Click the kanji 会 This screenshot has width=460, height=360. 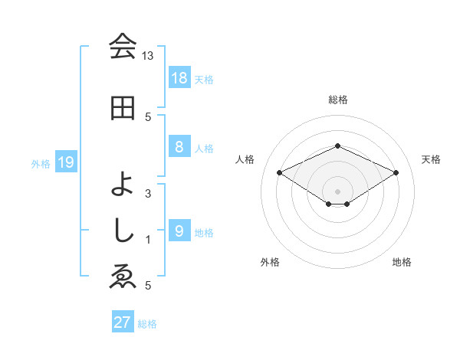coord(123,47)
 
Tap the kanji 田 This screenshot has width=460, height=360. coord(123,108)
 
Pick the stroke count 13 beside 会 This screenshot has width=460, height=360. coord(148,56)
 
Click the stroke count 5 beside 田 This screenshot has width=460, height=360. coord(148,116)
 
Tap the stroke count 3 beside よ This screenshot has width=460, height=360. coord(148,193)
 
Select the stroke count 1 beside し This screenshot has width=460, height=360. coord(148,240)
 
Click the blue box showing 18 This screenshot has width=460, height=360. coord(179,78)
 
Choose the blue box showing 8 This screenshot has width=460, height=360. coord(179,147)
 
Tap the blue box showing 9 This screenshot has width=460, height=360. coord(179,231)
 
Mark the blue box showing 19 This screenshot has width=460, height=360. coord(65,162)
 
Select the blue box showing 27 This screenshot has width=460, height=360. coord(122,322)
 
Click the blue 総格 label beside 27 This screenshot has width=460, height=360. coord(148,324)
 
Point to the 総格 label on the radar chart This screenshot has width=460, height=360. coord(337,100)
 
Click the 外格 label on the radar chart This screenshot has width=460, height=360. coord(270,262)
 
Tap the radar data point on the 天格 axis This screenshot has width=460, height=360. coord(396,172)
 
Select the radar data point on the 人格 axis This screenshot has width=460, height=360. coord(280,172)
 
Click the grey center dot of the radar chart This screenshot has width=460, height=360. coord(337,191)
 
